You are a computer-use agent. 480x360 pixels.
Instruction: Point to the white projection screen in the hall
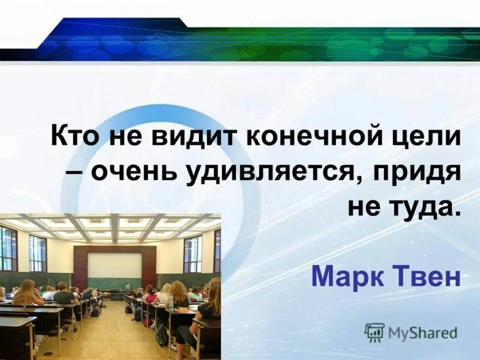114,265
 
